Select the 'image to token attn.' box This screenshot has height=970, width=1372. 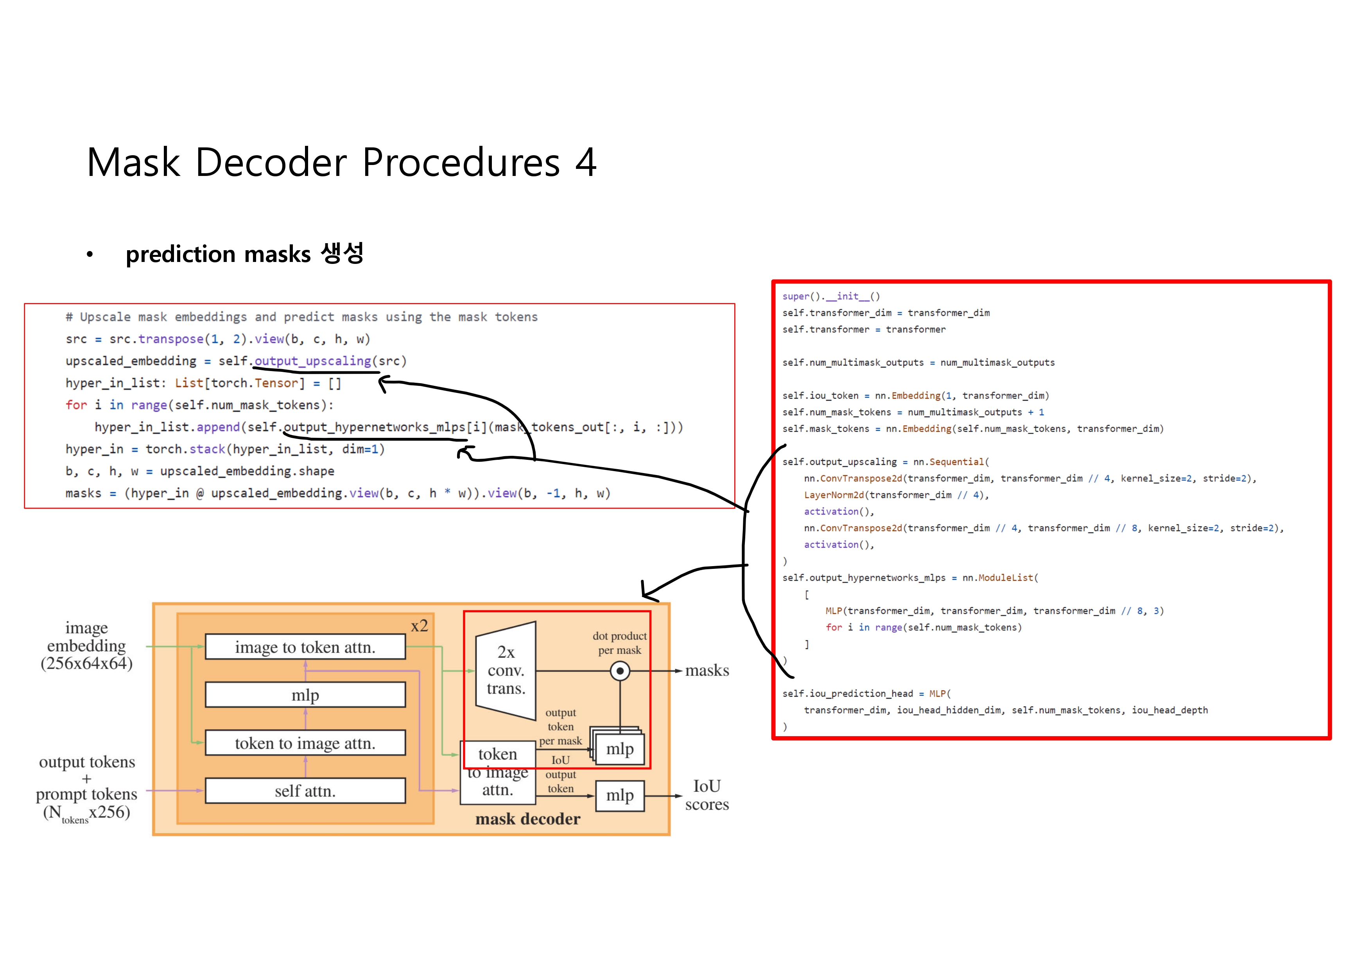(305, 647)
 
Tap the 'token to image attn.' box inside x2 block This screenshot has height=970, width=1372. (305, 743)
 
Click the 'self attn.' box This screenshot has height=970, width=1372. (305, 791)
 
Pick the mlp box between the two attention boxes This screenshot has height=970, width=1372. (305, 695)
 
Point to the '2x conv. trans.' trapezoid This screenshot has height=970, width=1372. (506, 671)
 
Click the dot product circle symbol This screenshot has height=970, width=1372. (620, 671)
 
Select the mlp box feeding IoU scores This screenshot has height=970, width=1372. (620, 796)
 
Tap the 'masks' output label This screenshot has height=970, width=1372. (707, 671)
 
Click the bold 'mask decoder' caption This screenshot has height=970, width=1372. (527, 819)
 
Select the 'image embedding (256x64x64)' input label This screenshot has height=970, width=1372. (87, 645)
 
